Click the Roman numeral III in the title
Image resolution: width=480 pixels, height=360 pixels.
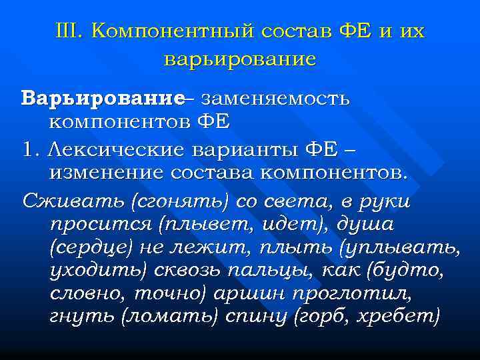[x=69, y=31]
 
